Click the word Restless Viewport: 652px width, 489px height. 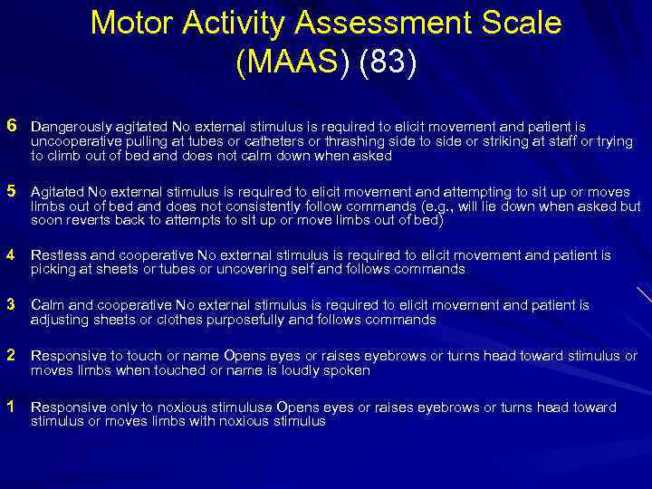[x=56, y=256]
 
